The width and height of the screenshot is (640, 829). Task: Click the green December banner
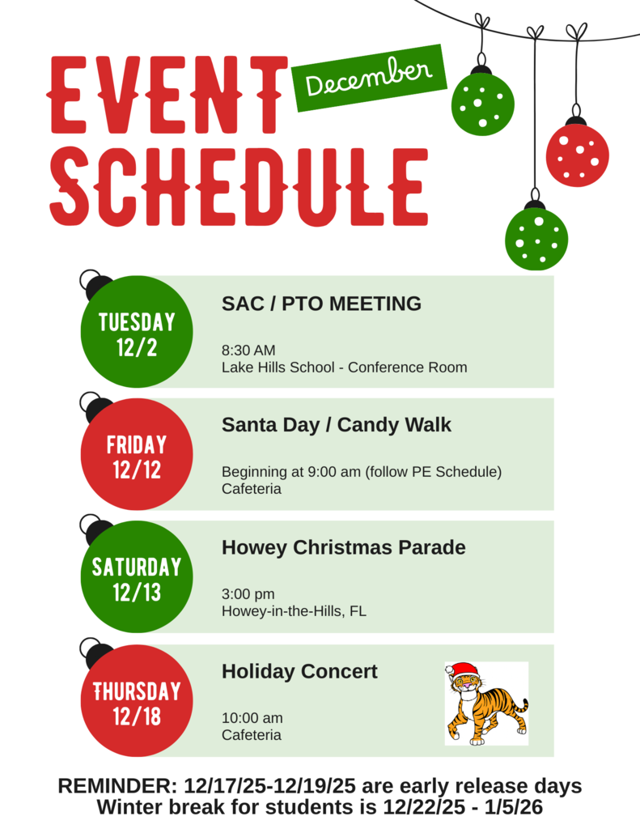click(x=369, y=77)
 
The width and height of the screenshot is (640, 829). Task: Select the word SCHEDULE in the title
click(x=239, y=186)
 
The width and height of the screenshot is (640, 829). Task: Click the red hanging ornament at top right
click(x=577, y=155)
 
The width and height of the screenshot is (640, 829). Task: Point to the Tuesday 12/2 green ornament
click(x=137, y=333)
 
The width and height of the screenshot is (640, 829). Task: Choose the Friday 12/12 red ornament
click(x=137, y=455)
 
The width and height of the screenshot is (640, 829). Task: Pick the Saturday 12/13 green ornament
click(x=137, y=577)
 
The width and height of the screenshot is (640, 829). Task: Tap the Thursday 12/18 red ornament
click(x=137, y=702)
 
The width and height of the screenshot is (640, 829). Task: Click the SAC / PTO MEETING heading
click(x=321, y=304)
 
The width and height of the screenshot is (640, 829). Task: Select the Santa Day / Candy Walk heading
click(x=337, y=424)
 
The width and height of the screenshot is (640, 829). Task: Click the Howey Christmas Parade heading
click(x=343, y=547)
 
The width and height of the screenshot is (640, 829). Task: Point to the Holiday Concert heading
click(x=299, y=671)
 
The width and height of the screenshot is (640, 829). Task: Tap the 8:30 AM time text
click(x=248, y=351)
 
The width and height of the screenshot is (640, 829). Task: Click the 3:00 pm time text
click(x=248, y=594)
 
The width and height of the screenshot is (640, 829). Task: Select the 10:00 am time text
click(x=252, y=718)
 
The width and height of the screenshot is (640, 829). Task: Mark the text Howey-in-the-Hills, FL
click(x=294, y=611)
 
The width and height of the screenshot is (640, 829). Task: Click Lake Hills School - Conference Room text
click(x=344, y=367)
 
